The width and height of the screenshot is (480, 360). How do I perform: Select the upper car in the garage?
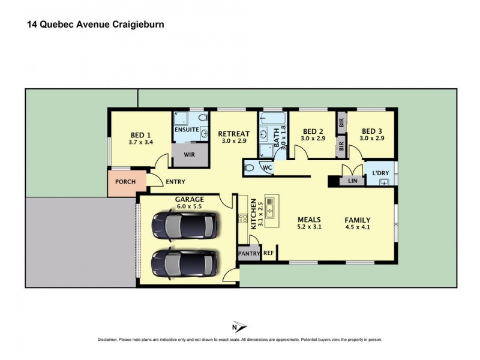click(184, 226)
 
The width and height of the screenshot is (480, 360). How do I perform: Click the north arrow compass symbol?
click(239, 327)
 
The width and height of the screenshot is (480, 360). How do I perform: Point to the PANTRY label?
click(250, 253)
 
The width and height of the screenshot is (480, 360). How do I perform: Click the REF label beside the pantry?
click(268, 253)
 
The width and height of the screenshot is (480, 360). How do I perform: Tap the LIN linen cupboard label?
click(353, 180)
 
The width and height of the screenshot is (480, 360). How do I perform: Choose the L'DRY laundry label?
click(380, 173)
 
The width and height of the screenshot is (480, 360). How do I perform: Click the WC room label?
click(268, 168)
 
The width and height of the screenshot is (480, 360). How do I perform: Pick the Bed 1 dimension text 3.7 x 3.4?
click(140, 143)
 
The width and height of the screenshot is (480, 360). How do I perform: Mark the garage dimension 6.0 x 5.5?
click(190, 206)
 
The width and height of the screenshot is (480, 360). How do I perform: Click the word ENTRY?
click(175, 182)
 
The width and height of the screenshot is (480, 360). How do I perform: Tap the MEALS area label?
click(310, 220)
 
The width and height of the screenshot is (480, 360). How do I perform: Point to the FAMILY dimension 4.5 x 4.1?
click(358, 227)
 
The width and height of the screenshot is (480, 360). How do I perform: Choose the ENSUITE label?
click(187, 129)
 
